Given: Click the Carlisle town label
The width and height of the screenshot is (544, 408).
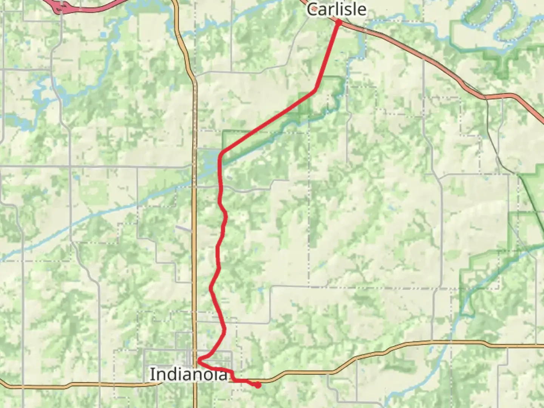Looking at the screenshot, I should [336, 9].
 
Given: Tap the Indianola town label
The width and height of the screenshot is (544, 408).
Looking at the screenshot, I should [189, 374].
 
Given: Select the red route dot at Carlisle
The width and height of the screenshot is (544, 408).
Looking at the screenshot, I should [338, 23].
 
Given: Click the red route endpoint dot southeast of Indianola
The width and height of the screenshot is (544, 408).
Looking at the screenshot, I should [258, 385].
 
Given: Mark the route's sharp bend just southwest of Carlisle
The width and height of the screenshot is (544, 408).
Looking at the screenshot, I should [315, 90].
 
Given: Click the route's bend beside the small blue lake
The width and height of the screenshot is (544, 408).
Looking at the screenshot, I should [222, 153].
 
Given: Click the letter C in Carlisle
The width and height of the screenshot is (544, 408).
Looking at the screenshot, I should [312, 9].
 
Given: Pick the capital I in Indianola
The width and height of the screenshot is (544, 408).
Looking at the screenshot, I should [152, 374].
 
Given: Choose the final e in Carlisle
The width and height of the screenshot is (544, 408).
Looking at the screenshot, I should [362, 10].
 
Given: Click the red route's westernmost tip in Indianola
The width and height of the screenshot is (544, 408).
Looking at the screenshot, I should [199, 359].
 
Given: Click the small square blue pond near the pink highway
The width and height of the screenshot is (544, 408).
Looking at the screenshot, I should [104, 35].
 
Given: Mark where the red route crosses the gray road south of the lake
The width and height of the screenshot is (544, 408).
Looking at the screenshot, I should [221, 187].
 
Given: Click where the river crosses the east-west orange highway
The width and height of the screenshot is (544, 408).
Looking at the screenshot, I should [450, 342].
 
